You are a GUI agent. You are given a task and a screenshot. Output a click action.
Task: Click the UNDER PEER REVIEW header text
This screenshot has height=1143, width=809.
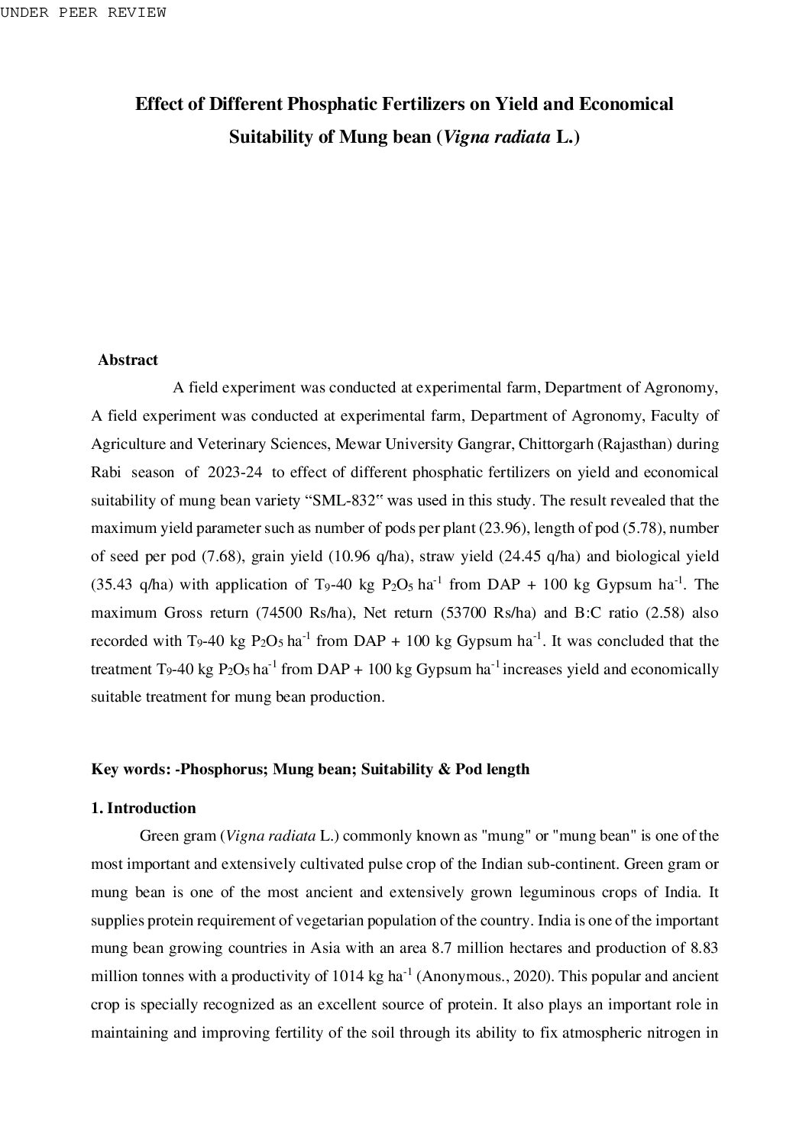pos(83,13)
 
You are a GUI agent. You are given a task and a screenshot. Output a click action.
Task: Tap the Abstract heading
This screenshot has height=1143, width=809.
pos(128,360)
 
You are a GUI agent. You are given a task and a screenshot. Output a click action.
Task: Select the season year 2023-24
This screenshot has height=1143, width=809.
pos(235,473)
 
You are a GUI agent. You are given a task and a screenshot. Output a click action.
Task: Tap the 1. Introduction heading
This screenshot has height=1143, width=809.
pos(144,808)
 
